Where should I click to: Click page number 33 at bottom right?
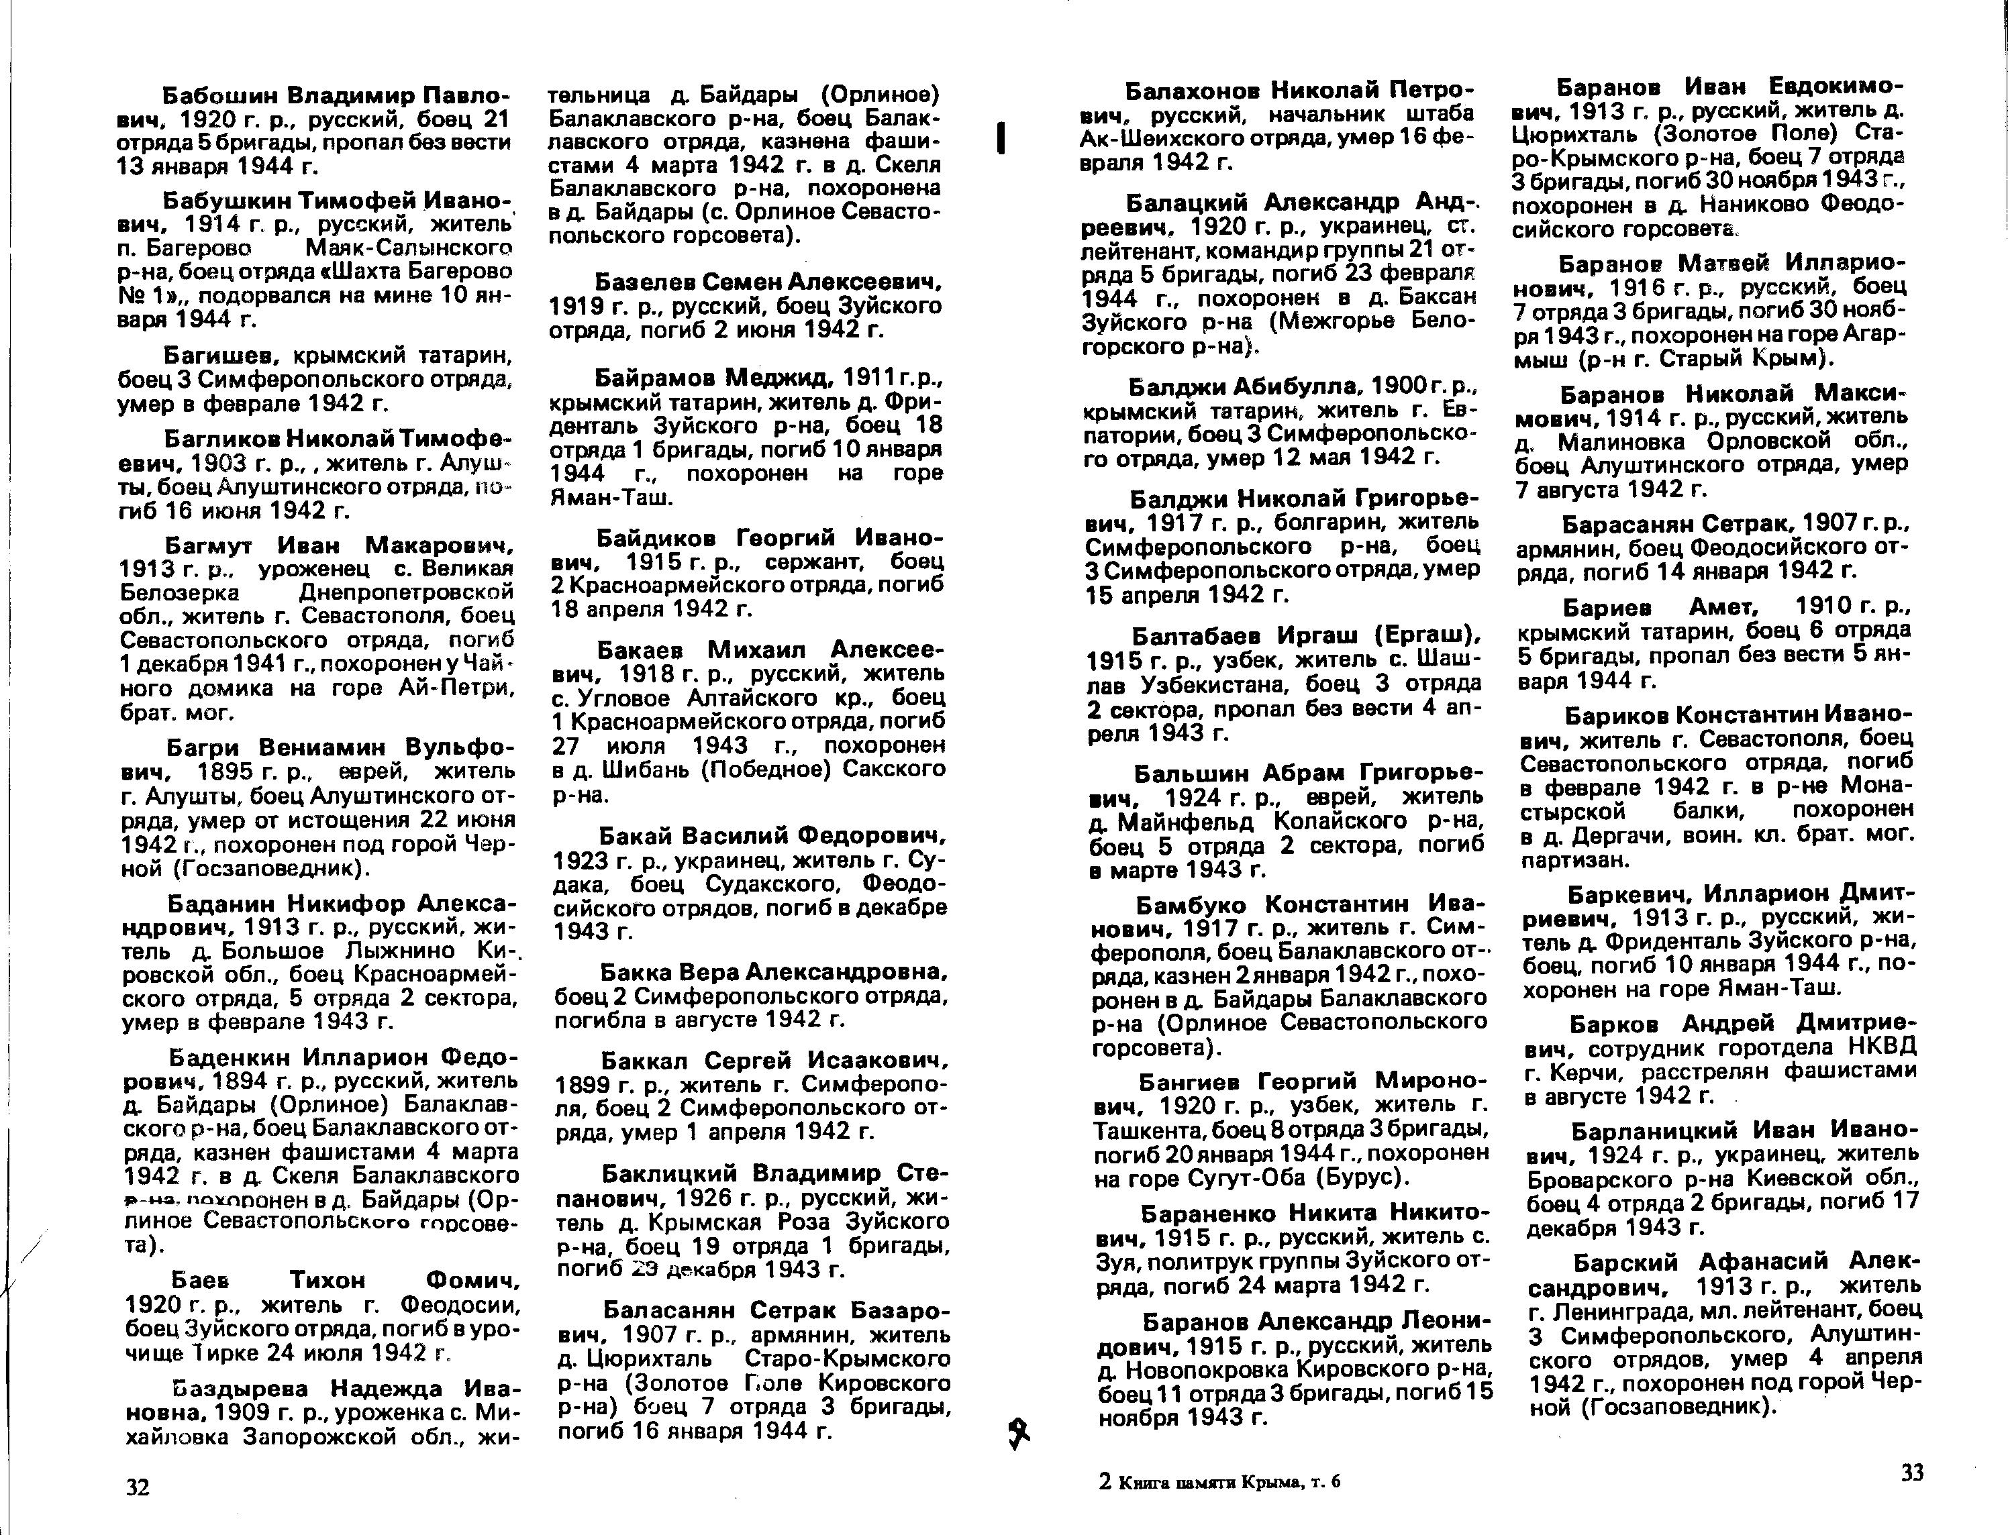click(x=1912, y=1472)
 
